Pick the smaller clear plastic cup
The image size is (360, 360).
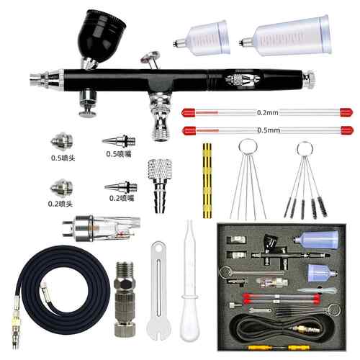pos(202,38)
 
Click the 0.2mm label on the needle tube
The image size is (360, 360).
pos(267,112)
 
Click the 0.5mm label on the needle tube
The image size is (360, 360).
pos(269,130)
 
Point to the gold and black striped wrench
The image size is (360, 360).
pos(207,181)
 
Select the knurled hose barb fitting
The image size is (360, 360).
pos(160,185)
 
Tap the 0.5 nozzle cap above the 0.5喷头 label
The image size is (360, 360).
pos(62,140)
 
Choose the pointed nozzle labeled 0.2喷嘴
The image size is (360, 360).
pos(121,186)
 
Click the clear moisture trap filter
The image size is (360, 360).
pos(102,228)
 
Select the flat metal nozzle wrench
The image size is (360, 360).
pos(158,290)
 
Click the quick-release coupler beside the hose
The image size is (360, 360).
pos(125,299)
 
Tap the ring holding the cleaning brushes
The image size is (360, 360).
pos(305,149)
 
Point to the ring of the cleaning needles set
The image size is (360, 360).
pos(248,148)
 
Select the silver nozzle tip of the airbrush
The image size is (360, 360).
pos(45,78)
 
